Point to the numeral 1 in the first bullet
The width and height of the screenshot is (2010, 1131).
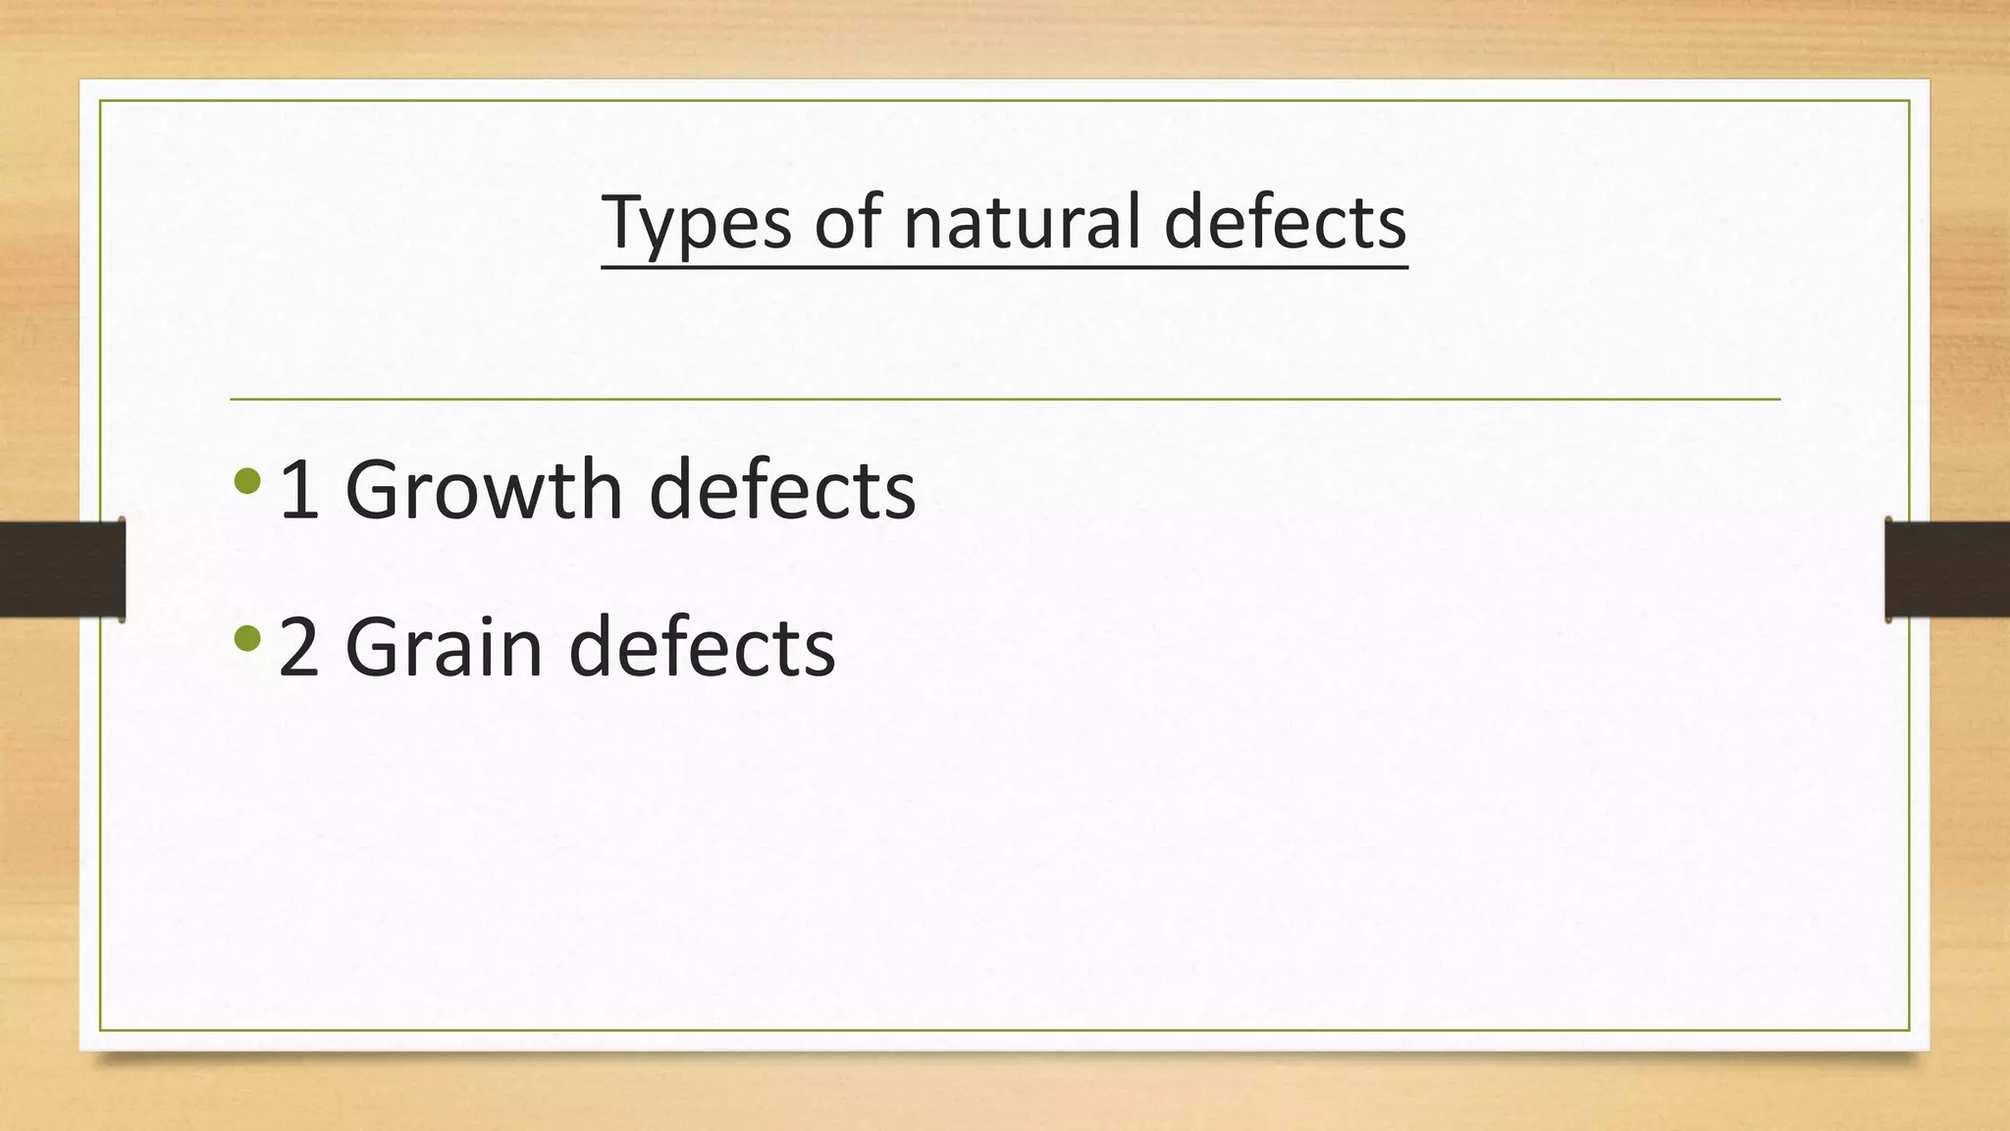pos(299,491)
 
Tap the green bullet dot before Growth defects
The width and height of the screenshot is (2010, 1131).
pos(247,481)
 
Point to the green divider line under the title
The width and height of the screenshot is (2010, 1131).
pos(1005,400)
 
